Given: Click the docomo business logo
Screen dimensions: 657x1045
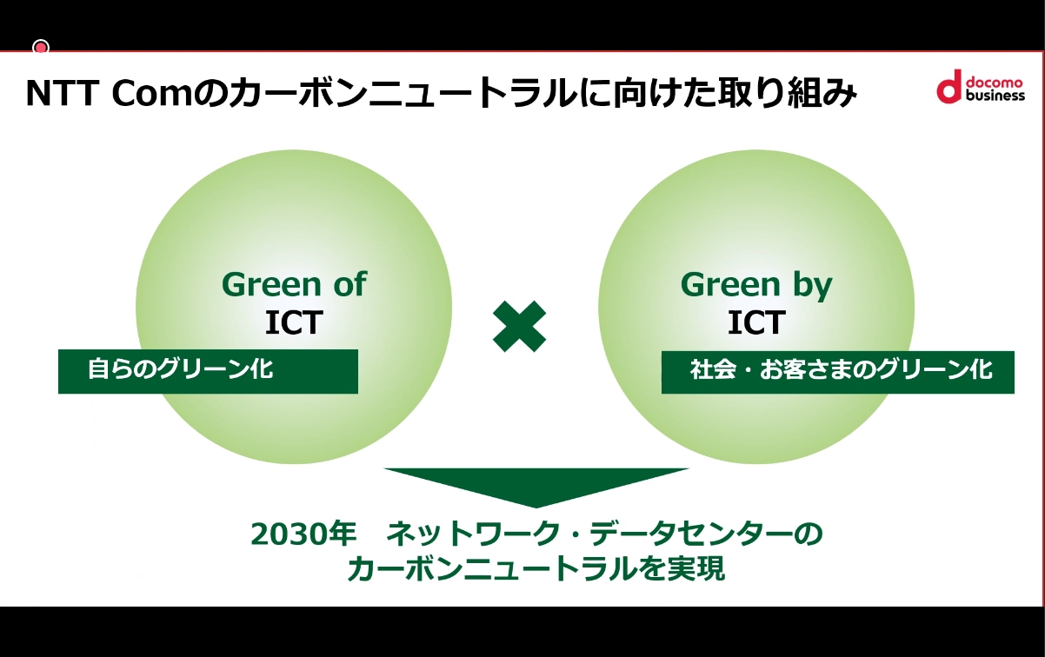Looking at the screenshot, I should coord(980,86).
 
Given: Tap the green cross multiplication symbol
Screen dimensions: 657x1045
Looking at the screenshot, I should coord(520,326).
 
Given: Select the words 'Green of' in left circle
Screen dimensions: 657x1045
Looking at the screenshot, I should coord(294,284).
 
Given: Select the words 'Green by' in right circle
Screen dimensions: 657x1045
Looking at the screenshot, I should coord(756,284).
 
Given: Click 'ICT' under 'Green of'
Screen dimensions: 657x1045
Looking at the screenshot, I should coord(294,322).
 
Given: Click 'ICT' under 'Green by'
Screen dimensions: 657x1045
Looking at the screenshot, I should coord(756,322).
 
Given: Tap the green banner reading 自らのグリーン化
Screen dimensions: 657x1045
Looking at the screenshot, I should coord(208,371).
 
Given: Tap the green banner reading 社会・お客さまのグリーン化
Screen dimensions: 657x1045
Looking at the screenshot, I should coord(837,371).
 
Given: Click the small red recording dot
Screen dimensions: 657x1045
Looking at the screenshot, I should coord(40,47).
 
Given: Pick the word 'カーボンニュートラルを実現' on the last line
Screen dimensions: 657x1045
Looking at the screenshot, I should coord(536,569).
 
